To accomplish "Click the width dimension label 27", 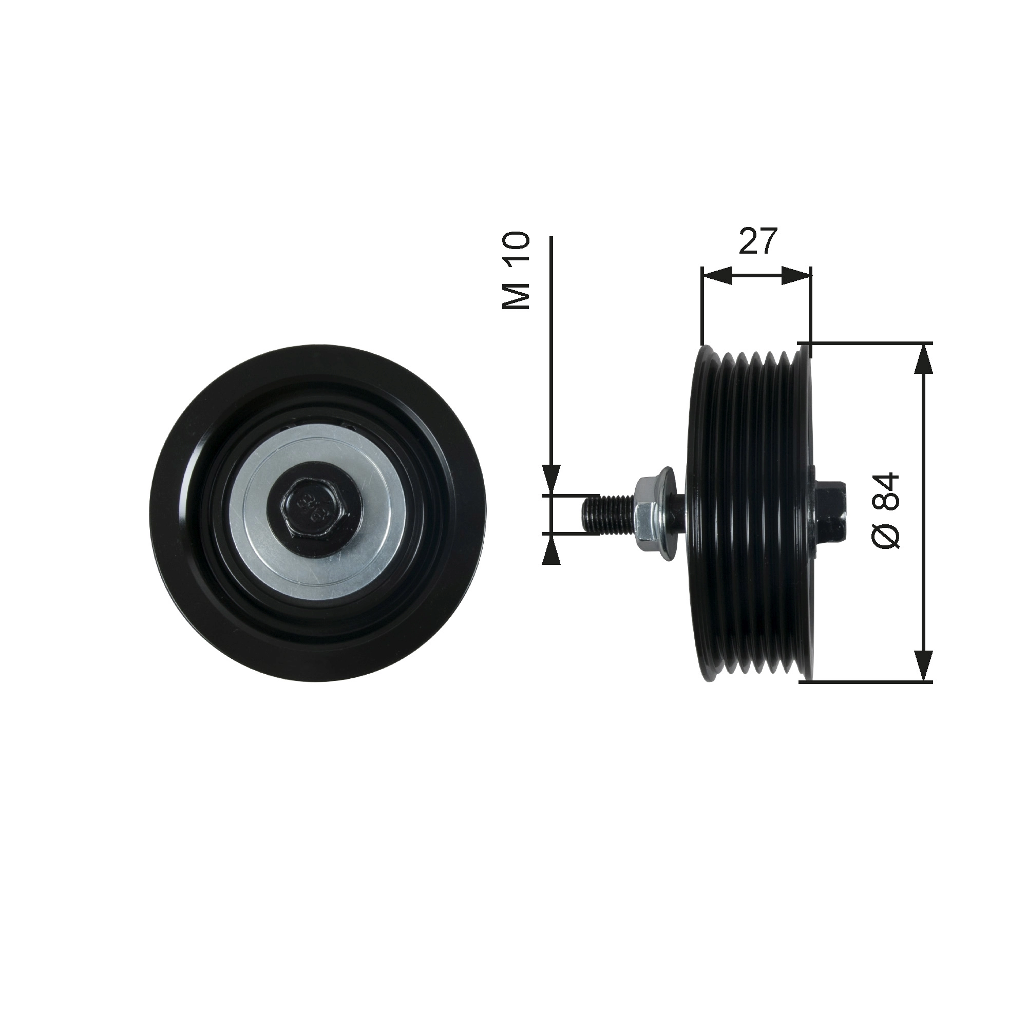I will tap(757, 242).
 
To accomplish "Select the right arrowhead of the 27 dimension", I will tap(797, 276).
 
